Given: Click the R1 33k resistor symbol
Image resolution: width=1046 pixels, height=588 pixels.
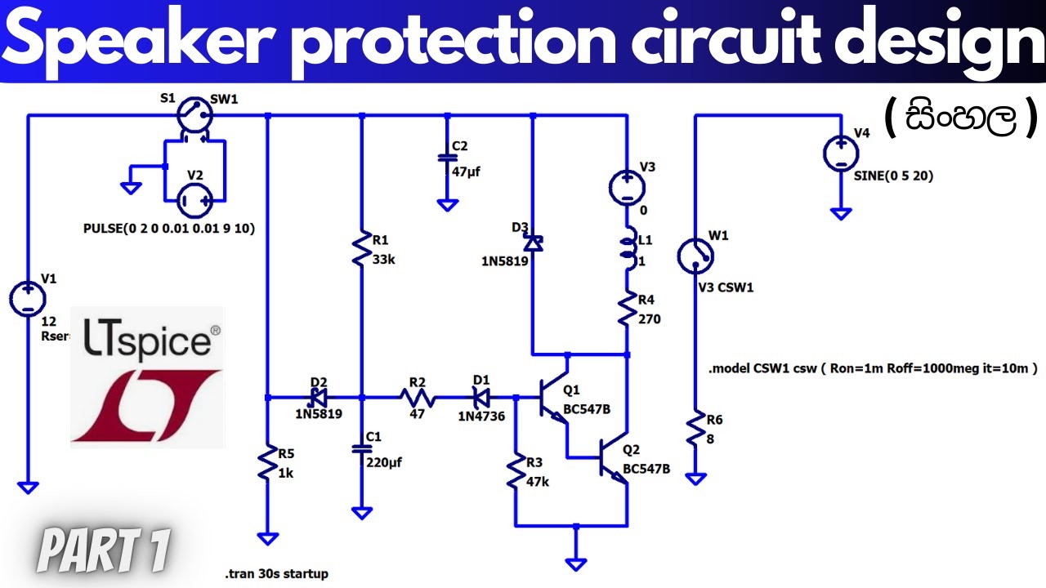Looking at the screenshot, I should (361, 249).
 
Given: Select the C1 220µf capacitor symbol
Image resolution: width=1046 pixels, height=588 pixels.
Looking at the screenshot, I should (361, 448).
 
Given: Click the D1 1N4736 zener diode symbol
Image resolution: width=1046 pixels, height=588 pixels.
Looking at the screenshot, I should (482, 398).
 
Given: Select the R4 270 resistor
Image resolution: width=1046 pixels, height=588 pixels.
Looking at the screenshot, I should (627, 309).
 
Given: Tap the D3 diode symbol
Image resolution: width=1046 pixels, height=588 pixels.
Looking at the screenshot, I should (533, 243).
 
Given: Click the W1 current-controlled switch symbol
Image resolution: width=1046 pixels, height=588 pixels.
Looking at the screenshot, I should (695, 256).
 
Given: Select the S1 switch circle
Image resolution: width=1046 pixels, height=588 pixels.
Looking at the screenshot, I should (194, 115).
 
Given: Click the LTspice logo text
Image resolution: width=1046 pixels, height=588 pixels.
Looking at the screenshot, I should (147, 341).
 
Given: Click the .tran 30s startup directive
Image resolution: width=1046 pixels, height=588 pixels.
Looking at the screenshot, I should (278, 573).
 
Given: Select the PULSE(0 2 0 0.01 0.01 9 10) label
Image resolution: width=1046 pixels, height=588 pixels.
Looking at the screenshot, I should (169, 229).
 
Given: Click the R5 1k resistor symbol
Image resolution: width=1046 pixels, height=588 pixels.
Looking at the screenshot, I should (268, 463).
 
